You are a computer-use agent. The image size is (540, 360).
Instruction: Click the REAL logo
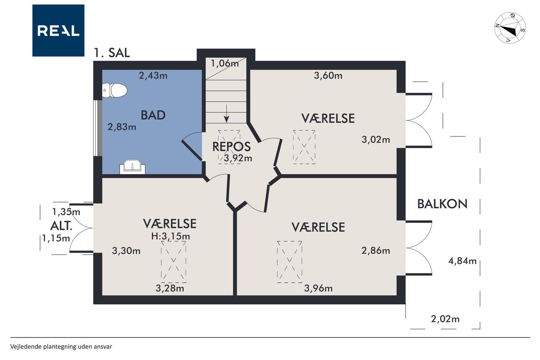click(58, 30)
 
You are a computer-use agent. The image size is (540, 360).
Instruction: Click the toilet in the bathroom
click(114, 90)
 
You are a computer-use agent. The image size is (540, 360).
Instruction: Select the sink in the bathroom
click(132, 167)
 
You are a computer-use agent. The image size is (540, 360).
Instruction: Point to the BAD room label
click(153, 115)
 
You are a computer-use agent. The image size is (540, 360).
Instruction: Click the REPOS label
click(232, 146)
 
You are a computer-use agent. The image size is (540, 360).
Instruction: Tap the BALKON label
click(443, 204)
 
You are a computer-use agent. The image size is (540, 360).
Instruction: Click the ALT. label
click(61, 226)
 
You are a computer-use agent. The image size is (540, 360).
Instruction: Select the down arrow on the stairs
click(227, 114)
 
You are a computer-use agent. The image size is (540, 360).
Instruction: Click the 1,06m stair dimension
click(225, 63)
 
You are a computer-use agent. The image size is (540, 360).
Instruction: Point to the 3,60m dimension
click(328, 76)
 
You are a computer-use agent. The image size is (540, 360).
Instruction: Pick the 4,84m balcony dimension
click(462, 261)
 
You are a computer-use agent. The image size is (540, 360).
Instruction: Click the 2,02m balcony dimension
click(445, 319)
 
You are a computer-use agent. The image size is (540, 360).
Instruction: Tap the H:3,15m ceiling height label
click(171, 236)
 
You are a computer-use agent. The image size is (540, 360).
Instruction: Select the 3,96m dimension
click(318, 288)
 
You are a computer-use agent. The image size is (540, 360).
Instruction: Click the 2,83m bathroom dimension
click(122, 127)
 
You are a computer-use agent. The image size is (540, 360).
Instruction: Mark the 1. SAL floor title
click(112, 53)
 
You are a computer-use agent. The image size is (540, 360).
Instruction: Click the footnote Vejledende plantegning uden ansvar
click(61, 347)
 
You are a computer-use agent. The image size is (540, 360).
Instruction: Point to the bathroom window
click(97, 128)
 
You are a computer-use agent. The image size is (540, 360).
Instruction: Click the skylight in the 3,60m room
click(304, 147)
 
